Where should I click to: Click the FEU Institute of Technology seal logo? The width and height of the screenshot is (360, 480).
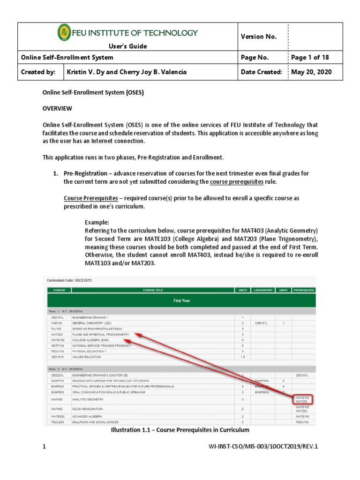(64, 32)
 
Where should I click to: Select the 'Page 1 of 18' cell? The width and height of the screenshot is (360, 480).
(310, 58)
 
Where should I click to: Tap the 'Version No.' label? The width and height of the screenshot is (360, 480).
(259, 37)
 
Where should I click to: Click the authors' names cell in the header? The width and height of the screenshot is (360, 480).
(127, 72)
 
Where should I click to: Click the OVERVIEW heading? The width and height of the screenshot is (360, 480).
(57, 108)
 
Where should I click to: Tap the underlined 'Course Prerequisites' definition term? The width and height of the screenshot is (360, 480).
(90, 198)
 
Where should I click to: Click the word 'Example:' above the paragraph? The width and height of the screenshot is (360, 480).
(97, 222)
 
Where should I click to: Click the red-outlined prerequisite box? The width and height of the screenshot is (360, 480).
(303, 399)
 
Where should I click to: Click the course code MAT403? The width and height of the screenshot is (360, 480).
(58, 399)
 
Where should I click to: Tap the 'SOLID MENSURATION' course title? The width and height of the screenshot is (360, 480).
(87, 409)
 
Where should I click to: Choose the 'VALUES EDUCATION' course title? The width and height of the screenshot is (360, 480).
(87, 357)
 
